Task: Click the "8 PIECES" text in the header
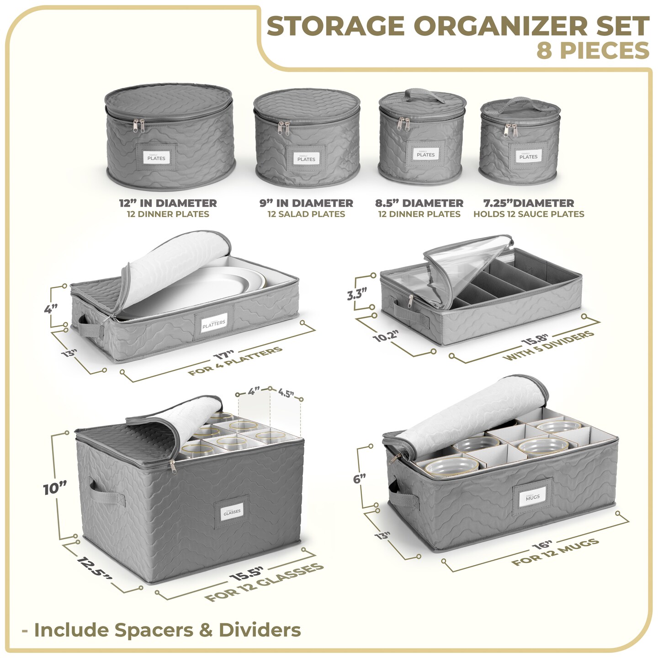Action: (x=593, y=50)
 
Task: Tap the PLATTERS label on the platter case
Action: (x=214, y=323)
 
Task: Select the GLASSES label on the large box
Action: (x=232, y=512)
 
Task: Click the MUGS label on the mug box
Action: (x=532, y=497)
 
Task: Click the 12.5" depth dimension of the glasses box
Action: (x=94, y=568)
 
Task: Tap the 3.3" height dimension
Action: (x=357, y=293)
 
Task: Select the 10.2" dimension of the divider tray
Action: (x=386, y=336)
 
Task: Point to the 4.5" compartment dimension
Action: (x=286, y=393)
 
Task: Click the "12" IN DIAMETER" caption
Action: (x=168, y=203)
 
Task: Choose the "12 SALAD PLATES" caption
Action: (x=306, y=214)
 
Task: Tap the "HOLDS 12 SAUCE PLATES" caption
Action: (x=529, y=214)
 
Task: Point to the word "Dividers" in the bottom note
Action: (x=260, y=630)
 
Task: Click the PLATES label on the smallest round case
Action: (x=528, y=156)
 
